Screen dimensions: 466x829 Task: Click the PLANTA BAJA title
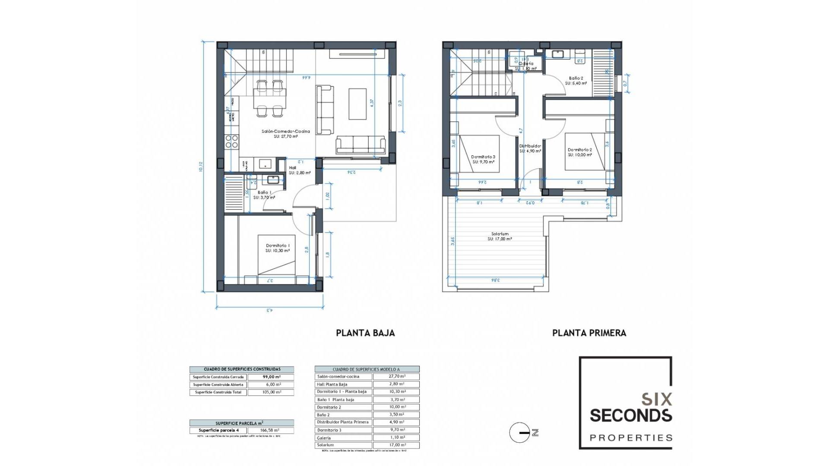point(365,333)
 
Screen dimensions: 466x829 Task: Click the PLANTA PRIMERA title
point(589,333)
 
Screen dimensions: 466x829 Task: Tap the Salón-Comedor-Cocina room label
point(285,132)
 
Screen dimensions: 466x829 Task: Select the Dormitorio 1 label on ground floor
point(278,246)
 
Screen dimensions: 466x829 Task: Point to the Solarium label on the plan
point(500,234)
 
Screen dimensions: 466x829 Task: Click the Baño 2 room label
point(576,79)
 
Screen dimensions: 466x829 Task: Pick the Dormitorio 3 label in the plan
point(483,157)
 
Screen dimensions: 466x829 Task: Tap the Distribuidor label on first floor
point(530,146)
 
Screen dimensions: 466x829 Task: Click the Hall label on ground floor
point(293,168)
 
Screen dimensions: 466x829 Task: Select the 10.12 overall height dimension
point(201,167)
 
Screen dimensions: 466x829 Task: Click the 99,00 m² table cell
point(272,377)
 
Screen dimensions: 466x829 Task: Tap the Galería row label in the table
point(324,438)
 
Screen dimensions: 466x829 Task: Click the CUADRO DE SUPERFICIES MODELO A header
point(366,369)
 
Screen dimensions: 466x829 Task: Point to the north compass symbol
point(520,432)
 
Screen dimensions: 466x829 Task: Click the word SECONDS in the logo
point(631,416)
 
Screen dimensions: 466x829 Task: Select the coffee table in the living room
point(358,104)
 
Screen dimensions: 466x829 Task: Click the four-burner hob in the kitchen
point(232,142)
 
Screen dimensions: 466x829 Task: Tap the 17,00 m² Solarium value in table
point(396,445)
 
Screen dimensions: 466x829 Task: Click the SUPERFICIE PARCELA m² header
point(241,423)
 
